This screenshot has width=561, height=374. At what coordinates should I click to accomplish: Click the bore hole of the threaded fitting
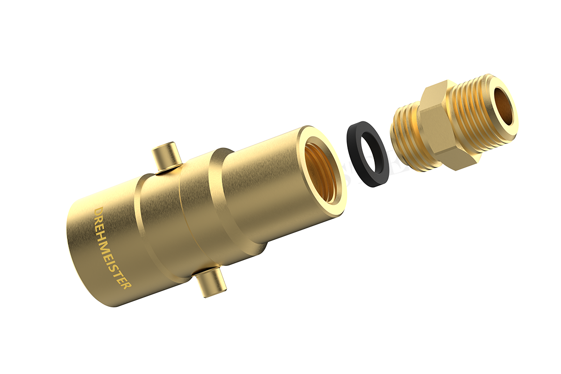502,106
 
